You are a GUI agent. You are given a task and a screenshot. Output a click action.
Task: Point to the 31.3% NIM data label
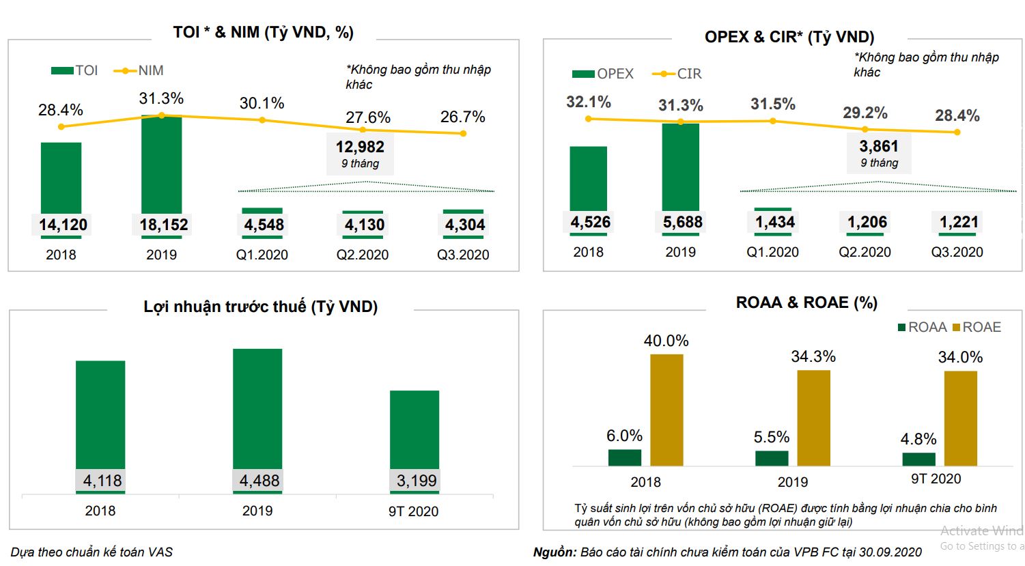click(162, 99)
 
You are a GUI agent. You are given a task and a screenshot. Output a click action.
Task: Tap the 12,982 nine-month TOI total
click(360, 147)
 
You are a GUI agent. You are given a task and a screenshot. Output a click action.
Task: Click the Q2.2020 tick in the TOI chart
click(363, 255)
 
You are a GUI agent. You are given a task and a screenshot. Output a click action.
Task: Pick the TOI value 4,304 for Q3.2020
click(465, 225)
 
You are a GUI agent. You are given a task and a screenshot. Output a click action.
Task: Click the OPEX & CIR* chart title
click(789, 37)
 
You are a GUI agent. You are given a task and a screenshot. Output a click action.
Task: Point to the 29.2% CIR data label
click(865, 113)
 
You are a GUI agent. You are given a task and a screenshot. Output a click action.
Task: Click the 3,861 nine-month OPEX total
click(879, 146)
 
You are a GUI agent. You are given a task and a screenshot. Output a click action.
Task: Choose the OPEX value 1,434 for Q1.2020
click(775, 222)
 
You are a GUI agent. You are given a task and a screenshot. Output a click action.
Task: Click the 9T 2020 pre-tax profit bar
click(415, 430)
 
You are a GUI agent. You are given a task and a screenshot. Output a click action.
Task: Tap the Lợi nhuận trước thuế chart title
click(260, 307)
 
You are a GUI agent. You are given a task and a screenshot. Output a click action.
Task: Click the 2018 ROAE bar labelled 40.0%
click(666, 410)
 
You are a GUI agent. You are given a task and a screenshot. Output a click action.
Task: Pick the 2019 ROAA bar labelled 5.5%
click(772, 458)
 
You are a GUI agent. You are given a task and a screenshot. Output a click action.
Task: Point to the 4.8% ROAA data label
click(918, 439)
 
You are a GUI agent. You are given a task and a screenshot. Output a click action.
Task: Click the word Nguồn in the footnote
click(554, 552)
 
